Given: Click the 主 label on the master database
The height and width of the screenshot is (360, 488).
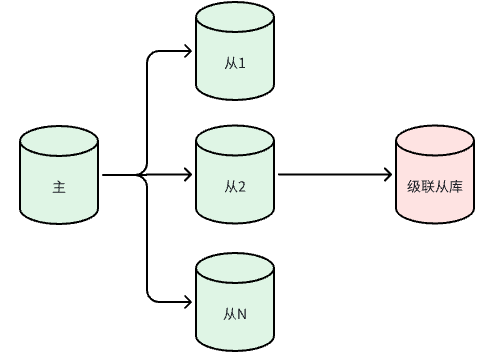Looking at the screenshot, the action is [x=59, y=187].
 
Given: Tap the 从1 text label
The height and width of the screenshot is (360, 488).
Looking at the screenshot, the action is [x=235, y=63].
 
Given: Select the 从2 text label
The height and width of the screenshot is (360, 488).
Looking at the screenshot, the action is [x=235, y=186].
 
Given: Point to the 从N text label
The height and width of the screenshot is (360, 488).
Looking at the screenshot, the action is [x=235, y=314].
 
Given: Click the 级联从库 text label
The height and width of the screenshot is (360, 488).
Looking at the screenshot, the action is [x=435, y=186].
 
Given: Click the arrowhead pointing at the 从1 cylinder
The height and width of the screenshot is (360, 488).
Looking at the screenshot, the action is [x=188, y=51].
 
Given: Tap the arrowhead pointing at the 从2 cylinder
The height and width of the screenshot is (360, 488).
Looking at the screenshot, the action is [x=188, y=174].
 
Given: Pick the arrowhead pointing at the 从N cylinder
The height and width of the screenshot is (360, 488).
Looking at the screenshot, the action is [x=188, y=302].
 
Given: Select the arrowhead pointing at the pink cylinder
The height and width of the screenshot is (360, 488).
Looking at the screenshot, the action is [x=388, y=174].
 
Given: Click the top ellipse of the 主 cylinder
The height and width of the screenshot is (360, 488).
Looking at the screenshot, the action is [x=59, y=141].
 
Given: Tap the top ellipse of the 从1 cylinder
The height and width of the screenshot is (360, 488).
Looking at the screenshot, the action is [x=235, y=17].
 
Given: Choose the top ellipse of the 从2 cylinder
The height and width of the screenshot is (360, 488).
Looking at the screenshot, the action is [x=235, y=140].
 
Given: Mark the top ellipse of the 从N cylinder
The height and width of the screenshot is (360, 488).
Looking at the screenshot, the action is [x=235, y=268].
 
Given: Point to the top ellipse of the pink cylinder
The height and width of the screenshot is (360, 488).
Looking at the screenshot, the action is [x=435, y=140].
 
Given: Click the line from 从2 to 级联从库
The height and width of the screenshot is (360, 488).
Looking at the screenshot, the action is [x=335, y=174].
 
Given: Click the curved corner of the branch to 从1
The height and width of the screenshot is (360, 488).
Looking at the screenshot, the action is [x=151, y=54].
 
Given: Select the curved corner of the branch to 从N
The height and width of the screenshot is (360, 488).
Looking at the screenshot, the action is [x=151, y=299].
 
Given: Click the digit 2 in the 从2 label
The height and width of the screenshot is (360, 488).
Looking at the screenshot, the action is [x=242, y=187].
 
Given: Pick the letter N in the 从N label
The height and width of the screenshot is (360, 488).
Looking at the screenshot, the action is [x=242, y=314].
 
